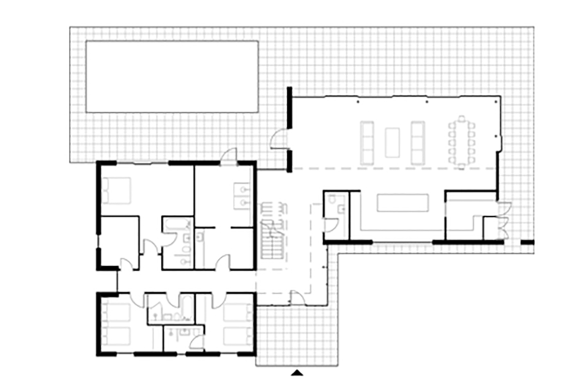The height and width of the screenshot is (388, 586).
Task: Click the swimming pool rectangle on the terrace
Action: pyautogui.click(x=171, y=76)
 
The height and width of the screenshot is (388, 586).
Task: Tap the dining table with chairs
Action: pyautogui.click(x=462, y=141)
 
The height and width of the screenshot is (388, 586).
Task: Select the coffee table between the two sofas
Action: pyautogui.click(x=393, y=141)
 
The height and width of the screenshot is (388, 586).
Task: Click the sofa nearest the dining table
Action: pyautogui.click(x=418, y=141)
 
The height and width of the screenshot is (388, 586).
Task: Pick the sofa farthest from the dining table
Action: pyautogui.click(x=368, y=141)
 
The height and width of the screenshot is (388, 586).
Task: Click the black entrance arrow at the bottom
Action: pyautogui.click(x=297, y=374)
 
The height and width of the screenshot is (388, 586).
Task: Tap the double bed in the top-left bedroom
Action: pyautogui.click(x=117, y=191)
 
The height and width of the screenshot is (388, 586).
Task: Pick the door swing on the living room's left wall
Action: pyautogui.click(x=279, y=139)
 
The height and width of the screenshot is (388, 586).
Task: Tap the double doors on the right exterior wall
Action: pyautogui.click(x=503, y=220)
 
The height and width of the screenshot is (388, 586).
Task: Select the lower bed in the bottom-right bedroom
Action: pyautogui.click(x=236, y=337)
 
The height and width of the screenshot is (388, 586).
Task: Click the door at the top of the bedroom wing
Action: pyautogui.click(x=229, y=154)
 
